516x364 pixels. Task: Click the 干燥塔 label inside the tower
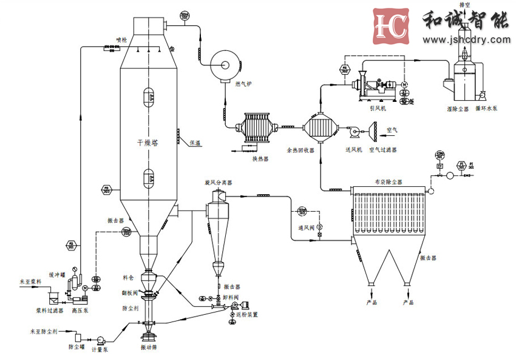pyautogui.click(x=148, y=143)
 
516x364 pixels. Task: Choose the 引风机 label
pyautogui.click(x=378, y=109)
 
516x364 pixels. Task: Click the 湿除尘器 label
pyautogui.click(x=454, y=109)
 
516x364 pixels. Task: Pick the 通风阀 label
pyautogui.click(x=305, y=229)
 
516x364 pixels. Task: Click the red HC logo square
pyautogui.click(x=392, y=26)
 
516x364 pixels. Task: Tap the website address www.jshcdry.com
pyautogui.click(x=467, y=40)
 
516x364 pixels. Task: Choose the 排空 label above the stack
pyautogui.click(x=466, y=4)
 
